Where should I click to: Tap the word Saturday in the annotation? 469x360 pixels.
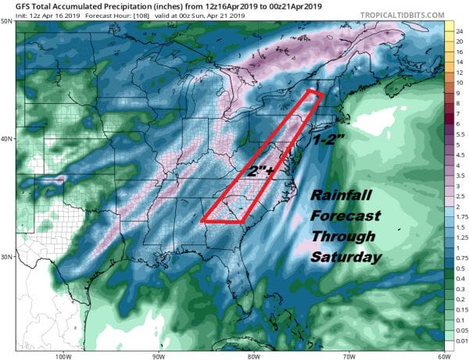[344, 256]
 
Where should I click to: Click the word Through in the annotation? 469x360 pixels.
[343, 236]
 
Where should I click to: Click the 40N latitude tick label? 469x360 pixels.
[7, 139]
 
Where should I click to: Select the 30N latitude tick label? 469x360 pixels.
[7, 256]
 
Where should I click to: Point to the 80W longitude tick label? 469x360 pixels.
[252, 355]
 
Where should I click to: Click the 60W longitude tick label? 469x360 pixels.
[440, 355]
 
